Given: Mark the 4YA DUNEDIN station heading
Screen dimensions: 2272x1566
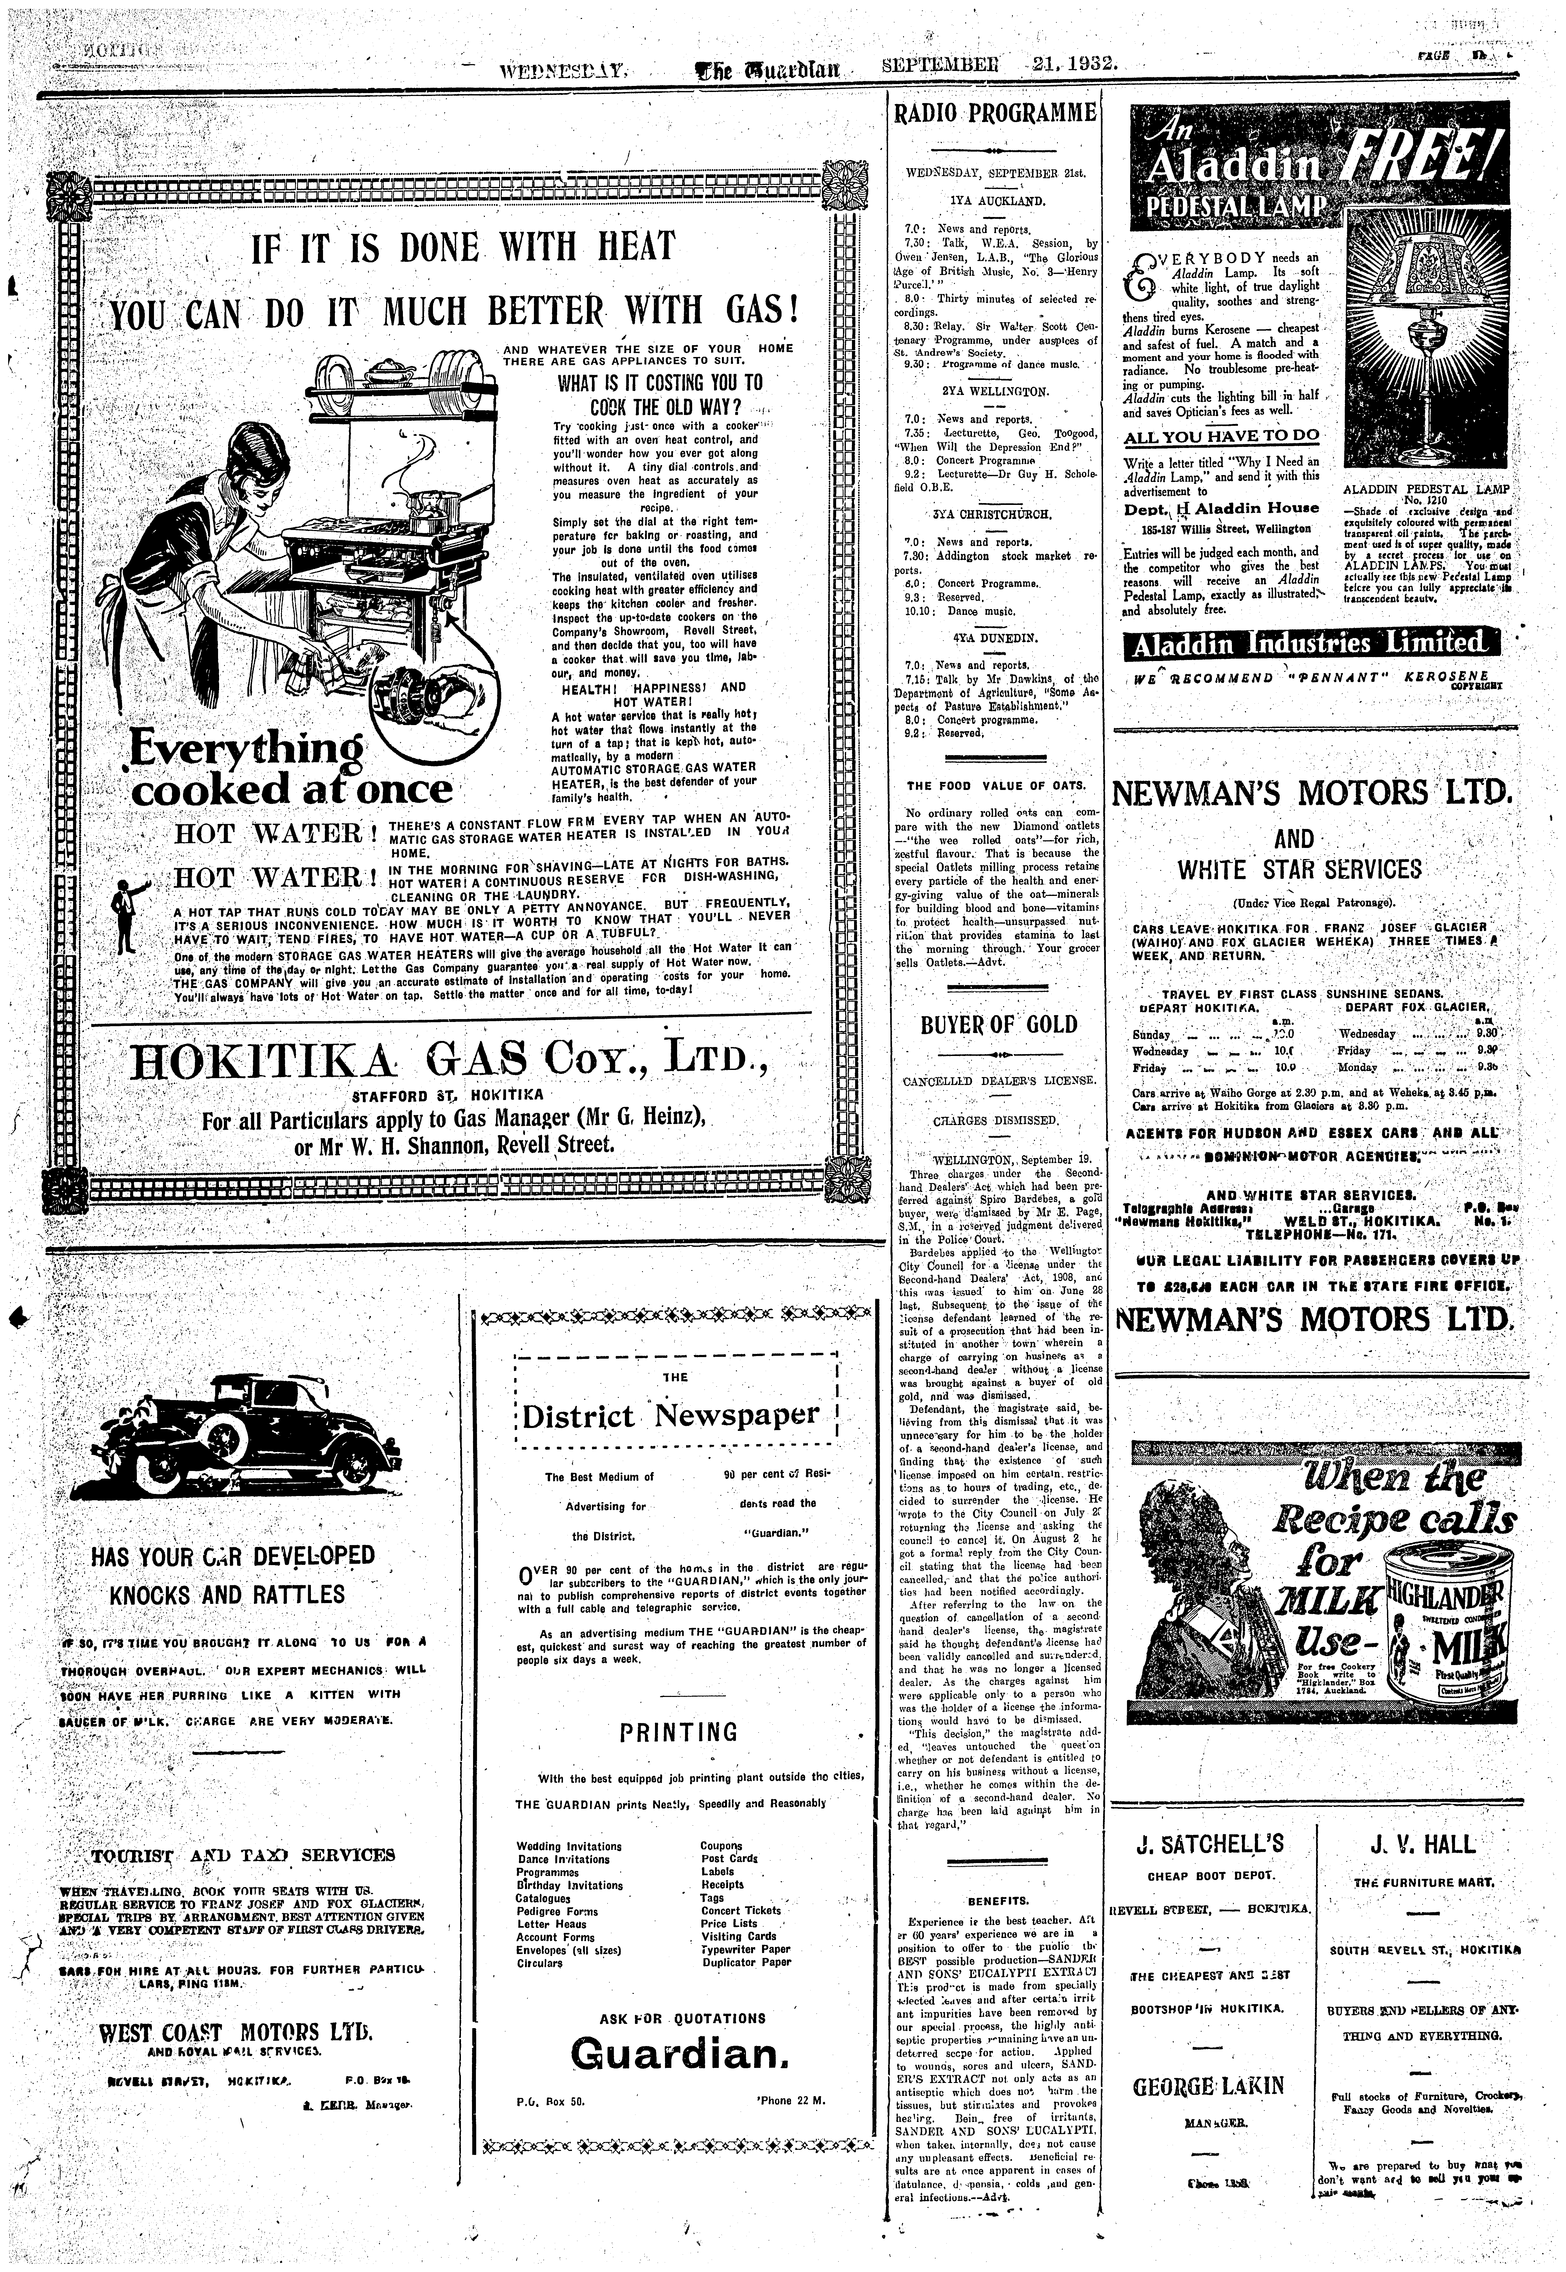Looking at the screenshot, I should (994, 638).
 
